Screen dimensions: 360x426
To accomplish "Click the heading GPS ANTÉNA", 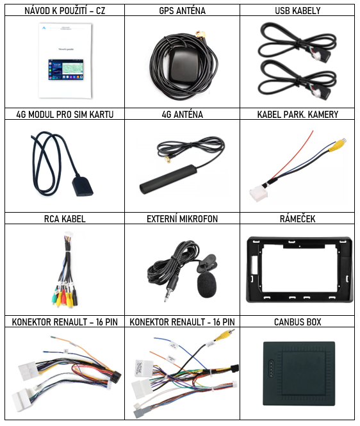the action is [182, 11].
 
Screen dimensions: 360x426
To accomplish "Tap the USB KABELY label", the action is [297, 11].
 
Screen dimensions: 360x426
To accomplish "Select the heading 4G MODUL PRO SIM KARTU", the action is [65, 115].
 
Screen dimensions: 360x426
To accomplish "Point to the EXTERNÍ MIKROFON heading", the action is [182, 218].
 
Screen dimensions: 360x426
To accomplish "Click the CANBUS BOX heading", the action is [297, 322].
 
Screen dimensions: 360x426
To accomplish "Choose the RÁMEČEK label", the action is [297, 218].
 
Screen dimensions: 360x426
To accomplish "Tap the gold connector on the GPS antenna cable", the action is [200, 35].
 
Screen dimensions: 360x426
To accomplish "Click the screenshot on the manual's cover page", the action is [66, 70].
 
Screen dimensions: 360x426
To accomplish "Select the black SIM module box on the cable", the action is [83, 186].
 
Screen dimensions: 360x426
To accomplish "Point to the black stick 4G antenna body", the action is [168, 179].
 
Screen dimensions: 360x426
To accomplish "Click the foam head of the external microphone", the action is [207, 285].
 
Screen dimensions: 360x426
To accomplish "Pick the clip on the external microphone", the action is [207, 263].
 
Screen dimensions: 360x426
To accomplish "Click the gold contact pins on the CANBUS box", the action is [270, 369].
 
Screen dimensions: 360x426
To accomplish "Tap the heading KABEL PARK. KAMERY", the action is [297, 115].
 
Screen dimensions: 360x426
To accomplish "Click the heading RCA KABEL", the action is [65, 218].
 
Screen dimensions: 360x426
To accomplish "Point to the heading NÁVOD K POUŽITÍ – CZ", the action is [65, 11].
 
